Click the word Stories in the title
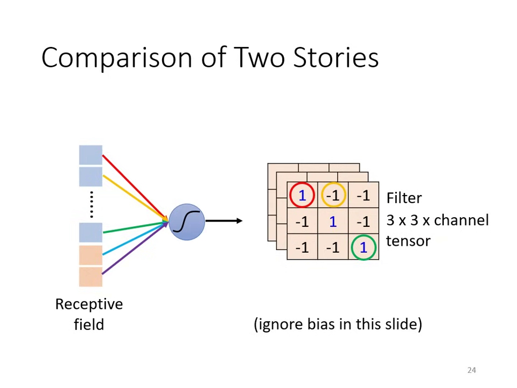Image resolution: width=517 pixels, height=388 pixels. [x=336, y=57]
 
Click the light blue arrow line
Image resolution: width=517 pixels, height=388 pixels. [x=135, y=238]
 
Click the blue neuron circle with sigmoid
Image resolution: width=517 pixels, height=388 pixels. [x=187, y=221]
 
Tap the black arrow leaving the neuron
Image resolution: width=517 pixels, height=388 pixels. [x=223, y=220]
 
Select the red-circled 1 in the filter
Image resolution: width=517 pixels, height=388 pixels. [x=302, y=195]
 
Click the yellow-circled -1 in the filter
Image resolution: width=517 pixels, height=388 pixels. [x=333, y=195]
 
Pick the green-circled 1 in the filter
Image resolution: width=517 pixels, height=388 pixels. [x=364, y=247]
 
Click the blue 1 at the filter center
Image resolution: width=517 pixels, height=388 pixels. [x=333, y=221]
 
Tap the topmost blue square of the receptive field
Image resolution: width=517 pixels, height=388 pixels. [x=90, y=155]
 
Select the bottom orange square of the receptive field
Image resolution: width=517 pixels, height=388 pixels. [x=90, y=276]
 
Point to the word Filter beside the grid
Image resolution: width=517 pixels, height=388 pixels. [x=404, y=198]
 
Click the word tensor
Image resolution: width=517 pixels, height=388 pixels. [x=408, y=241]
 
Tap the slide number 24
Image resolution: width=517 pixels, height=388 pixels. [x=472, y=370]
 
